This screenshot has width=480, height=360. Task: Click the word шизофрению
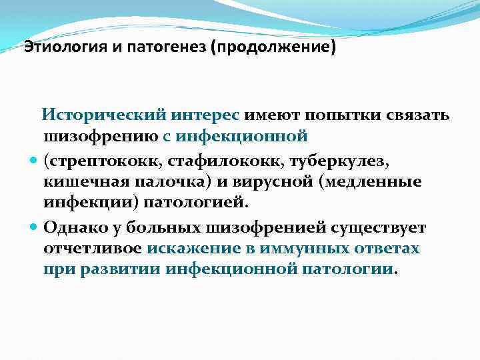coord(101,137)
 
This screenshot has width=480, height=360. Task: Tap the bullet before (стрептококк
coord(33,161)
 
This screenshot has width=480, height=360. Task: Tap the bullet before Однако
coord(33,227)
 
